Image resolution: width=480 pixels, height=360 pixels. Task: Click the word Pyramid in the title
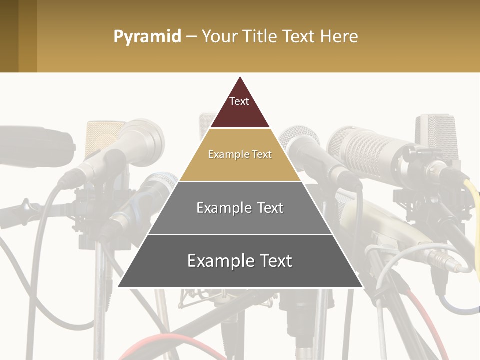(147, 37)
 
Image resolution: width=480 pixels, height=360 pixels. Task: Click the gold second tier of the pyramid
(240, 167)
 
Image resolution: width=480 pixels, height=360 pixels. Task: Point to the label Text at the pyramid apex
(239, 101)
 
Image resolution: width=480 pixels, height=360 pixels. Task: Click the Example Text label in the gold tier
(240, 155)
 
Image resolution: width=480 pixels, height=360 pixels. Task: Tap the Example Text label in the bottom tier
(240, 261)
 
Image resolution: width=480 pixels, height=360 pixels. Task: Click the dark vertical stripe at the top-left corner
(9, 36)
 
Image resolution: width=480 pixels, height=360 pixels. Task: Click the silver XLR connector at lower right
(440, 260)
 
